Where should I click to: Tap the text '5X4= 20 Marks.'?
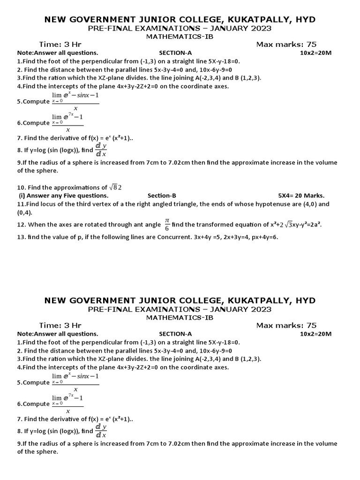(x=301, y=195)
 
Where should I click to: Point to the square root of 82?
(x=115, y=187)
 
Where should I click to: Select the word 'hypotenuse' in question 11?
(x=251, y=204)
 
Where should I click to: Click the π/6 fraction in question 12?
(x=166, y=225)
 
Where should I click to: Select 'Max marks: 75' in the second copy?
(x=286, y=325)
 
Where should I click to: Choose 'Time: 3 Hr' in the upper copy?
(x=60, y=45)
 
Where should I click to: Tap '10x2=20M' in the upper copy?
(x=315, y=53)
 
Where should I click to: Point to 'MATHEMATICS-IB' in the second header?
(x=180, y=317)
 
